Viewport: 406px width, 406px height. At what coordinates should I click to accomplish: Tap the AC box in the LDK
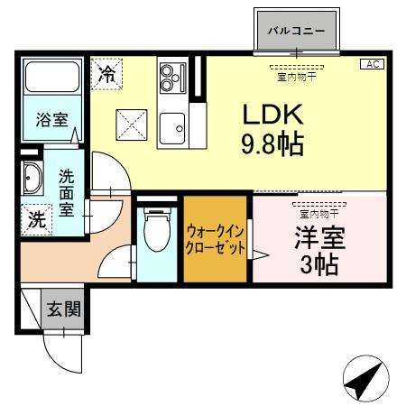tap(372, 64)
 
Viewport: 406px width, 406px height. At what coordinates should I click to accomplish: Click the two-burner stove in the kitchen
tap(169, 78)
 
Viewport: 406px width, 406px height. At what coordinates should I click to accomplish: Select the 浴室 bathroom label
tap(52, 120)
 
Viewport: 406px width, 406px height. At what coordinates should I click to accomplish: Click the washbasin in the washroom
tap(32, 180)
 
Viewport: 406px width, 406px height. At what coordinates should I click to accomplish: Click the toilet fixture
tap(156, 233)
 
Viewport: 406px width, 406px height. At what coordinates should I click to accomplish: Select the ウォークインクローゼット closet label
tap(216, 240)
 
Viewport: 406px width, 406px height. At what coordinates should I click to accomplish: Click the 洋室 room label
tap(320, 242)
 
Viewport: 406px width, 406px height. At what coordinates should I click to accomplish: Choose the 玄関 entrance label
tap(63, 309)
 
